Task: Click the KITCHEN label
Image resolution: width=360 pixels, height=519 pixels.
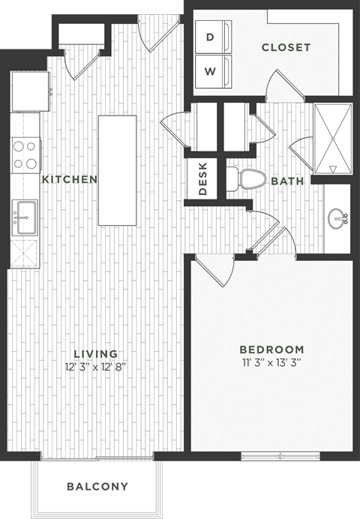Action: [x=69, y=179]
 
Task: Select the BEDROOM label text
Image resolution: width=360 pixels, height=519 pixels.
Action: [x=271, y=349]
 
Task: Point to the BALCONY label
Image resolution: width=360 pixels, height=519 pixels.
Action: [x=97, y=486]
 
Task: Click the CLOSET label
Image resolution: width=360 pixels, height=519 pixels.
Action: [x=286, y=47]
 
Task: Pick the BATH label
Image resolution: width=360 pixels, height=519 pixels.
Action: [x=286, y=181]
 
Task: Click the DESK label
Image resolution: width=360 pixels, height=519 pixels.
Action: [x=202, y=181]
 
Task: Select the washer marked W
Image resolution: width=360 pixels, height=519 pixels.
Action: [x=210, y=71]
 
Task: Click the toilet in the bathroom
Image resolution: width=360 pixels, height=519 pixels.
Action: [x=247, y=178]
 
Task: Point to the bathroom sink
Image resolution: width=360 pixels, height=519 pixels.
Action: [x=337, y=219]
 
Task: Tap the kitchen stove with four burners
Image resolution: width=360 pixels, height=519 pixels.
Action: [x=25, y=155]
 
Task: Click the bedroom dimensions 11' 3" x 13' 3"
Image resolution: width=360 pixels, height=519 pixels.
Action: [x=271, y=362]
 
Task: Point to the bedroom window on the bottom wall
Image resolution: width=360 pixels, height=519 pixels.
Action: [x=280, y=455]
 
